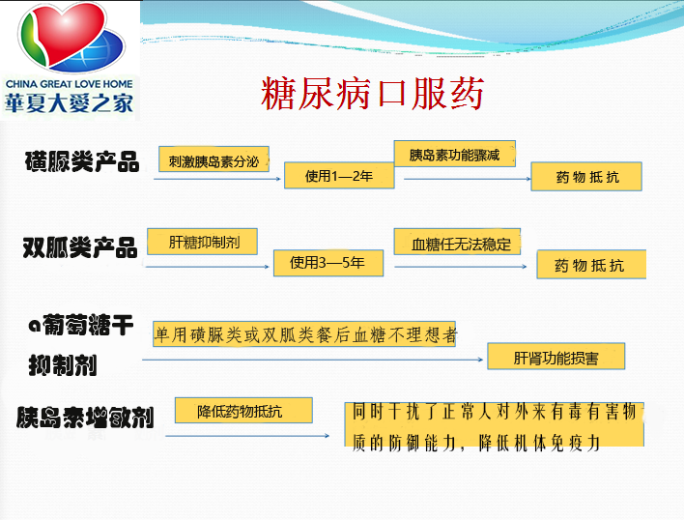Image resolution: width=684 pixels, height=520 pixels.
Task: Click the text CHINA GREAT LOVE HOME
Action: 70,84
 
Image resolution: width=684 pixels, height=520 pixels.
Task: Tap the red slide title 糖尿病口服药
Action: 372,93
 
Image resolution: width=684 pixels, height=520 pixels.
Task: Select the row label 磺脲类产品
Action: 82,161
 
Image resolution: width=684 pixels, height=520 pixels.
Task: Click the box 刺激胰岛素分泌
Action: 214,159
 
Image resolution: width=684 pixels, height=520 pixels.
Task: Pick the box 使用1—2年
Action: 339,175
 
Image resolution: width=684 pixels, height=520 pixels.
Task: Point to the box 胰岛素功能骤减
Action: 454,154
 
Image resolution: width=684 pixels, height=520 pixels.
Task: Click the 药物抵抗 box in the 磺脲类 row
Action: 586,176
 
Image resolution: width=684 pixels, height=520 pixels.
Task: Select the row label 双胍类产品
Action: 80,246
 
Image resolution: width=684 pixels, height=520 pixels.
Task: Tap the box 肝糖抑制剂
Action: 203,242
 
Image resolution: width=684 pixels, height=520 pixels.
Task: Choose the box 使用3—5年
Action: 328,263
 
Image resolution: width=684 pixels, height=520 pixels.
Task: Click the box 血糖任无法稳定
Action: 457,242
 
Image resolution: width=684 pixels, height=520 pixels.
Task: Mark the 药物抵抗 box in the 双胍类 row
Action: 591,264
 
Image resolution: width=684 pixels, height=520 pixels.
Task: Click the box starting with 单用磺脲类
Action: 304,334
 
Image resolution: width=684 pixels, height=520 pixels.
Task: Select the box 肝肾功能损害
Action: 556,356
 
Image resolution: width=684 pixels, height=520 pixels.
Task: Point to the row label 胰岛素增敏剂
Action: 85,417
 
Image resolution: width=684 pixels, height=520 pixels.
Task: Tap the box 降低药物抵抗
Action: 243,410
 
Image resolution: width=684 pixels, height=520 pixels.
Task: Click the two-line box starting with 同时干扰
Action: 494,424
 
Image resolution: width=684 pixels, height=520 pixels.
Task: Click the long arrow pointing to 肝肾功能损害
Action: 312,360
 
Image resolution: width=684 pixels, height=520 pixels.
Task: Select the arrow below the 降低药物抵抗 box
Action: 247,435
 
